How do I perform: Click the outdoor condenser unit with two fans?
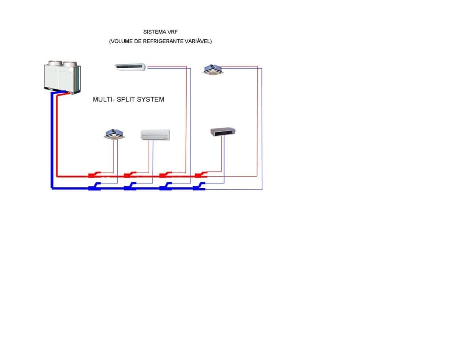point(62,77)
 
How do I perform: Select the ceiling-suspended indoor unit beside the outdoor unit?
point(130,67)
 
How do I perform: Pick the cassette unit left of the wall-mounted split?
point(114,133)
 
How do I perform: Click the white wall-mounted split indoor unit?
point(155,134)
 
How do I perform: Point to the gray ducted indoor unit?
point(223,131)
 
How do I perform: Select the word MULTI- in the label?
point(103,99)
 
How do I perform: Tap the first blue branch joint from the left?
point(94,187)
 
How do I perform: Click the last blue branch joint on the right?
point(199,187)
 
